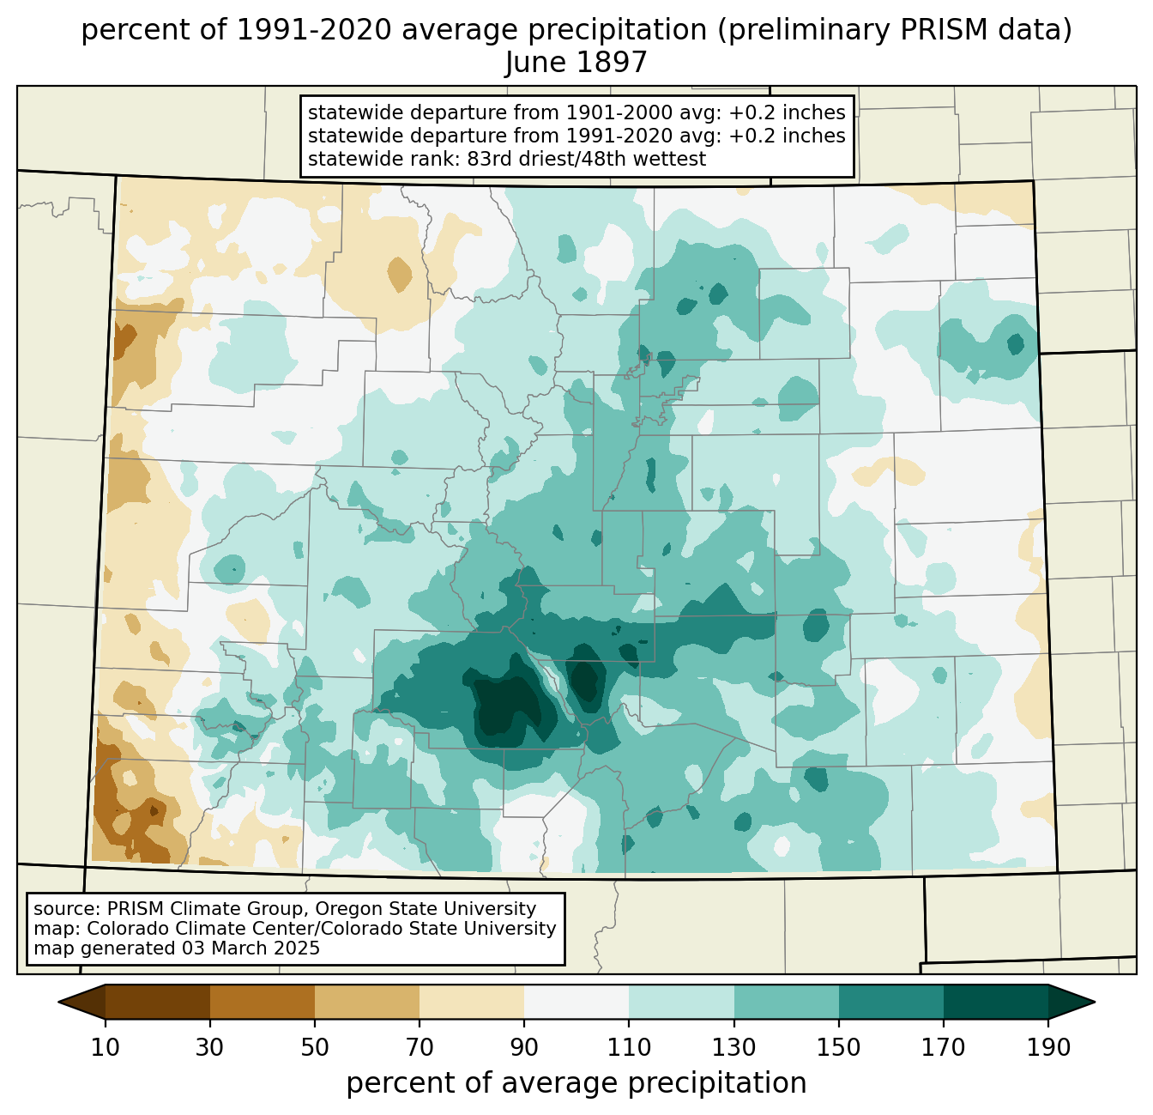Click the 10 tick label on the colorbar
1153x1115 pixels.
105,1048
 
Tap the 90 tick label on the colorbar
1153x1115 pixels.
524,1048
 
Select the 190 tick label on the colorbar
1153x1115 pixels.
1048,1048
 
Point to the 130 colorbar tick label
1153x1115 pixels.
733,1048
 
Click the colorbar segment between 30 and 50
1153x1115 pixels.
262,1003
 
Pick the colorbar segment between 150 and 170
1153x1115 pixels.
891,1003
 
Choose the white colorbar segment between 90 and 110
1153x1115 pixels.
576,1003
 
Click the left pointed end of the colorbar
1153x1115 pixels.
59,1003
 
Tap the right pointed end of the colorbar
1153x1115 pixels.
1094,1003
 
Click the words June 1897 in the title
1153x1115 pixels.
576,62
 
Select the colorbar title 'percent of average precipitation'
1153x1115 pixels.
576,1083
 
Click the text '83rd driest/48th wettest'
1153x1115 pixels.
587,159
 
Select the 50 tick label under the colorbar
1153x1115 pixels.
315,1048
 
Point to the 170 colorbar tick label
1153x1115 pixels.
944,1048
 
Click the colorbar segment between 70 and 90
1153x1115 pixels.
472,1003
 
